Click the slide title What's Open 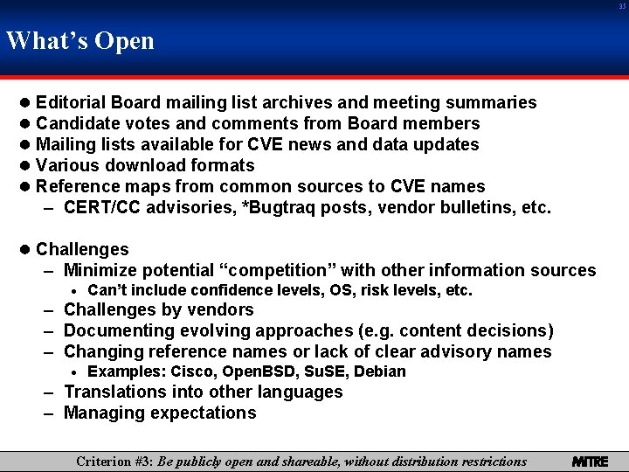[x=79, y=41]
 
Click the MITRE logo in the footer [x=590, y=461]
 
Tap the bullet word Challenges [x=82, y=249]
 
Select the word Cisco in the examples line [x=183, y=371]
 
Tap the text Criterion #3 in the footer [x=115, y=461]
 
